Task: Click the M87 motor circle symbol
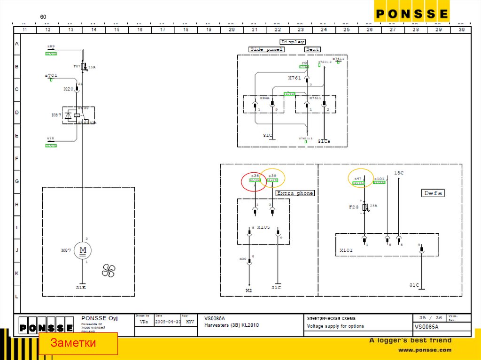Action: [83, 251]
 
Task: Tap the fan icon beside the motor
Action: [109, 270]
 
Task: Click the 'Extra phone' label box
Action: [295, 193]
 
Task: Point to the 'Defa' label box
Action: [433, 193]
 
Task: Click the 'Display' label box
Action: [293, 42]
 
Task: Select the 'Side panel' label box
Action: [266, 49]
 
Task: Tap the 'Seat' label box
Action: [312, 49]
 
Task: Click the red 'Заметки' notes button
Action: [78, 343]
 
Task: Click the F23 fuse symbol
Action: [365, 207]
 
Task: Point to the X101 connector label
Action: [346, 251]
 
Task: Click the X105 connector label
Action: [264, 227]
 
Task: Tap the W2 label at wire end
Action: [249, 291]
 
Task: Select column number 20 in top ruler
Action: [231, 30]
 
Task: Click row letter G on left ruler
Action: [17, 181]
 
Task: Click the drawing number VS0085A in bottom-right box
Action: [427, 327]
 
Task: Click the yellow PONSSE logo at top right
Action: [411, 14]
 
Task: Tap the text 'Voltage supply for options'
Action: [335, 326]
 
